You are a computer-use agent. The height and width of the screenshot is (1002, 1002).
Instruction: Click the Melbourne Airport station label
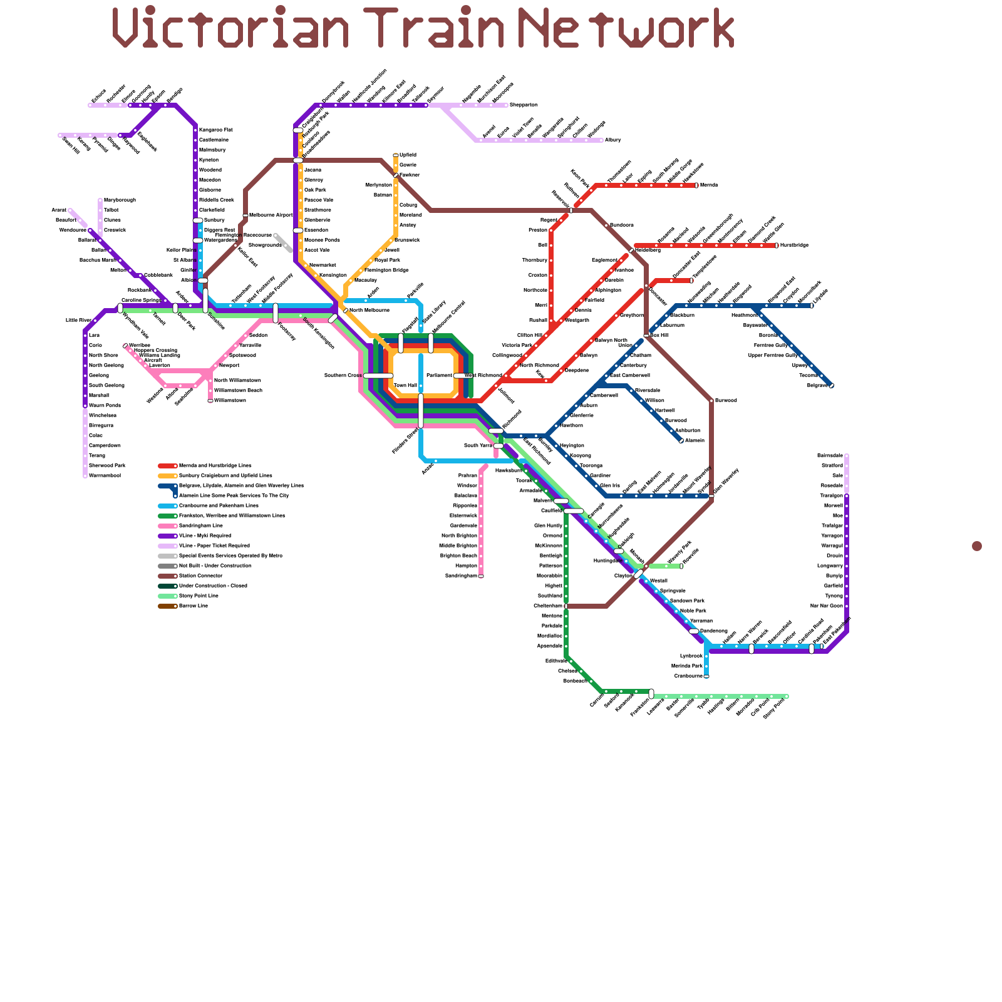point(271,215)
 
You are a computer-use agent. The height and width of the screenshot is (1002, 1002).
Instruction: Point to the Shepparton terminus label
point(524,105)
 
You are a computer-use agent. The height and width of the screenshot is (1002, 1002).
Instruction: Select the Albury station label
point(612,140)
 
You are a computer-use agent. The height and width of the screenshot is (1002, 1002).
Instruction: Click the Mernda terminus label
point(708,185)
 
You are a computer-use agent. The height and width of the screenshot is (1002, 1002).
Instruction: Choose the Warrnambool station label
point(105,476)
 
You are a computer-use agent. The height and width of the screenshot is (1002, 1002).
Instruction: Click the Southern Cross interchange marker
point(378,376)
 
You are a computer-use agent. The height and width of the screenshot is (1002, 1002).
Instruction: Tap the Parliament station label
point(439,376)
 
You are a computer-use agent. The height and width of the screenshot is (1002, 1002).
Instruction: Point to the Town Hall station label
point(405,386)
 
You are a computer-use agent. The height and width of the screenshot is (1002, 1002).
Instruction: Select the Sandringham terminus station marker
point(481,576)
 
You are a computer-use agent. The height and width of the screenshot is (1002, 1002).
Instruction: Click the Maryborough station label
point(120,200)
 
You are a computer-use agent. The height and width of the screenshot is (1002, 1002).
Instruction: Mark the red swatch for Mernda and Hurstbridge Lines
point(167,466)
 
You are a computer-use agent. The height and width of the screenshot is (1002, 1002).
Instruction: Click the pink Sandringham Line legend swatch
point(167,526)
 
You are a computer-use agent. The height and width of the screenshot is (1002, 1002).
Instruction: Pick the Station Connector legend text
point(200,576)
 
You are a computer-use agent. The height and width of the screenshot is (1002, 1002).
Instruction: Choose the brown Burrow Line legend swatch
point(167,606)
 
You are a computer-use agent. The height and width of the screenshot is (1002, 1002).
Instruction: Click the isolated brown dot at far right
point(976,546)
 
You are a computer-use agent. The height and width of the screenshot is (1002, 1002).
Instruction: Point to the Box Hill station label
point(659,336)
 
